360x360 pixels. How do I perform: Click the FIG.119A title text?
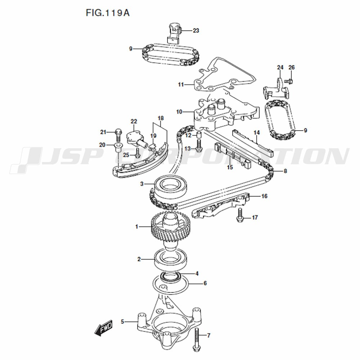(x=107, y=13)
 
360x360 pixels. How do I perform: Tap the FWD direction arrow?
(x=104, y=328)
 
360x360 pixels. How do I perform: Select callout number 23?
(x=196, y=31)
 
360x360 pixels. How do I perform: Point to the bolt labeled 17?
(x=239, y=217)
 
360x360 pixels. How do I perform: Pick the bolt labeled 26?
(x=288, y=81)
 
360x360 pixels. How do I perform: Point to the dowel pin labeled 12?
(x=198, y=135)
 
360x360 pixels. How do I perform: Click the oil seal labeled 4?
(x=171, y=276)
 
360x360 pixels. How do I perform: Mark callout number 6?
(x=205, y=283)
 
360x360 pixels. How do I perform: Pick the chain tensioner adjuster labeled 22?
(x=136, y=139)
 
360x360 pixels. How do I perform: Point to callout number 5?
(x=122, y=321)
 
